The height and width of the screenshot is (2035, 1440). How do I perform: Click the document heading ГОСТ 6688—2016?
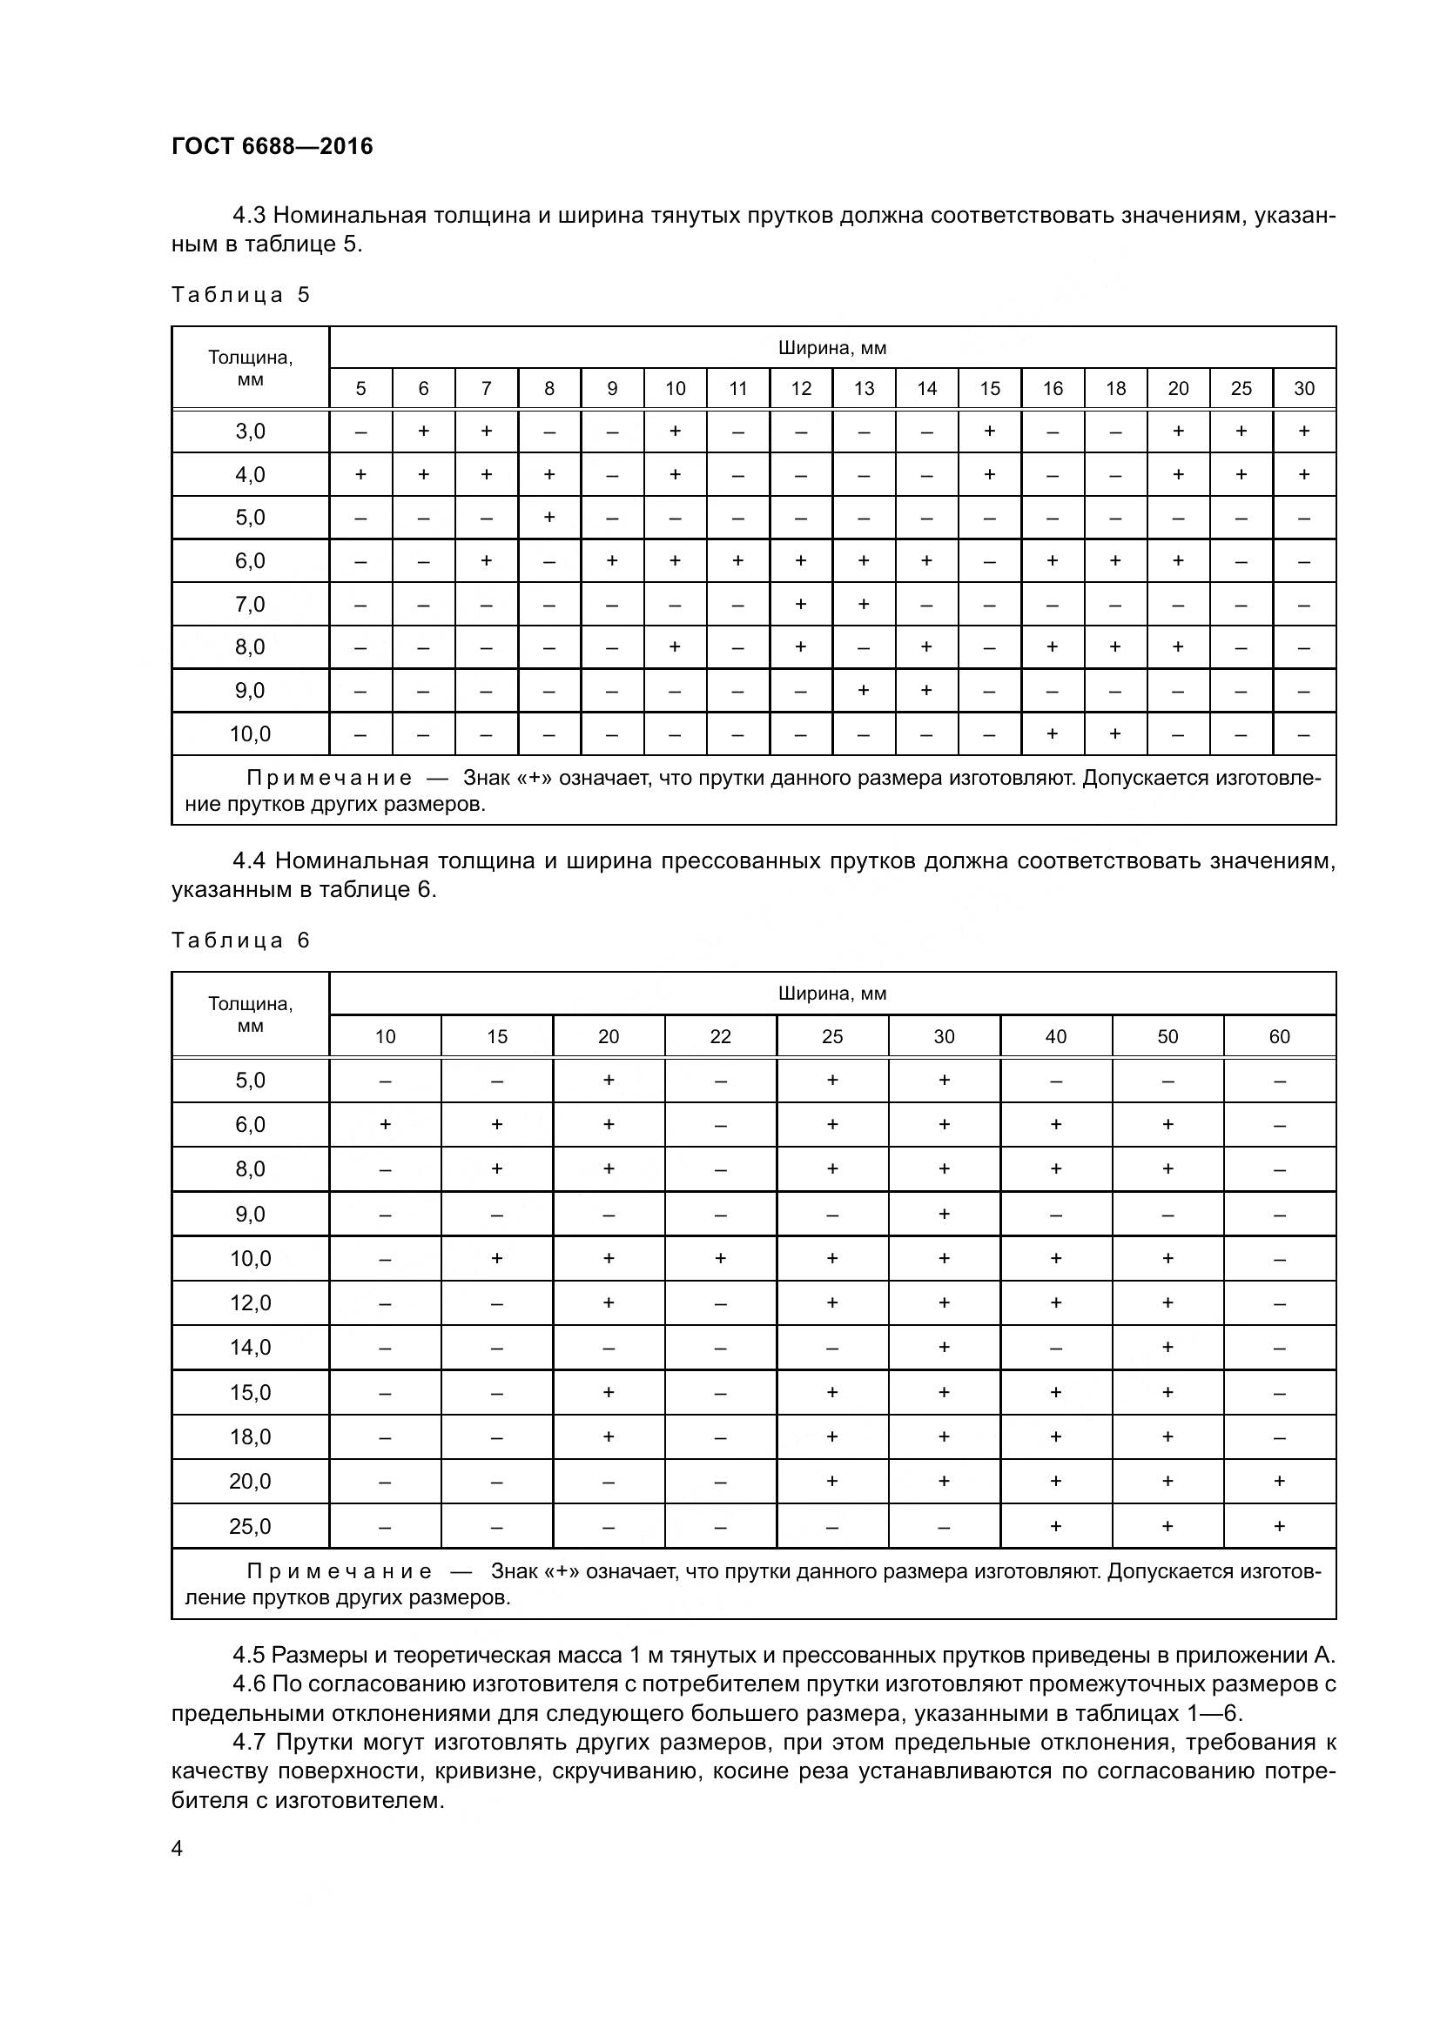click(x=273, y=146)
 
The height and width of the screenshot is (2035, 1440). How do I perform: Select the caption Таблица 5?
click(x=240, y=295)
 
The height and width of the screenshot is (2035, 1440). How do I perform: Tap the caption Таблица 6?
click(x=240, y=941)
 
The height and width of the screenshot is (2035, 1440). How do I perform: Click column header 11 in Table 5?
click(x=737, y=388)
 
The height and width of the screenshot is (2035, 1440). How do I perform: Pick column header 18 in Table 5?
click(x=1115, y=388)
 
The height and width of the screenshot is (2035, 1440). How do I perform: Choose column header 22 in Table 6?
click(x=720, y=1036)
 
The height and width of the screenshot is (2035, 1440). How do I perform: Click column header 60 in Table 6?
click(x=1279, y=1036)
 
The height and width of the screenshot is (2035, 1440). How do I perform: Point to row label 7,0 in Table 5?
click(x=250, y=605)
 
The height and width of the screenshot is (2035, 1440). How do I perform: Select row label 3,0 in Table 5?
click(x=250, y=432)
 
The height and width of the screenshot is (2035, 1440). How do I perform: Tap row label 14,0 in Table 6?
click(x=250, y=1348)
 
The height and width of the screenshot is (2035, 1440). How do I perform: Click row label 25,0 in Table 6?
click(x=250, y=1526)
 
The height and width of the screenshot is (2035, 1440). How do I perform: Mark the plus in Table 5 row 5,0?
click(x=548, y=517)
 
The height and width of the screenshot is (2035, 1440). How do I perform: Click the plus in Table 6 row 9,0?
click(x=944, y=1214)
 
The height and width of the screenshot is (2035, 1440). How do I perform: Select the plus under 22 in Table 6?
click(x=720, y=1258)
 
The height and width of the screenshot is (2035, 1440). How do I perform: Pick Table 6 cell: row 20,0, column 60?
click(x=1279, y=1481)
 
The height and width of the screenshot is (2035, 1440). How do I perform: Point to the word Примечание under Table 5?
click(x=329, y=778)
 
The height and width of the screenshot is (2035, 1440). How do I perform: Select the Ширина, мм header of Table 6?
click(x=831, y=994)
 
